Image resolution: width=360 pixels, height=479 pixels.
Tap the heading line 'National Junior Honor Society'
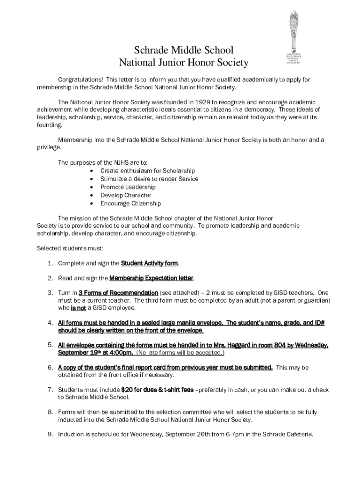(184, 63)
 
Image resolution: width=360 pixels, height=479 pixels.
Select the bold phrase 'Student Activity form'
(150, 263)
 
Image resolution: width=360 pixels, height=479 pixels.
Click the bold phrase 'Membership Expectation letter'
(151, 278)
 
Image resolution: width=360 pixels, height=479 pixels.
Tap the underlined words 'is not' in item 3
(78, 308)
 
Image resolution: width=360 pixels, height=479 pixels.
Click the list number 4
(50, 323)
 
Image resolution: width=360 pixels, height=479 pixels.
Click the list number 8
(50, 412)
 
